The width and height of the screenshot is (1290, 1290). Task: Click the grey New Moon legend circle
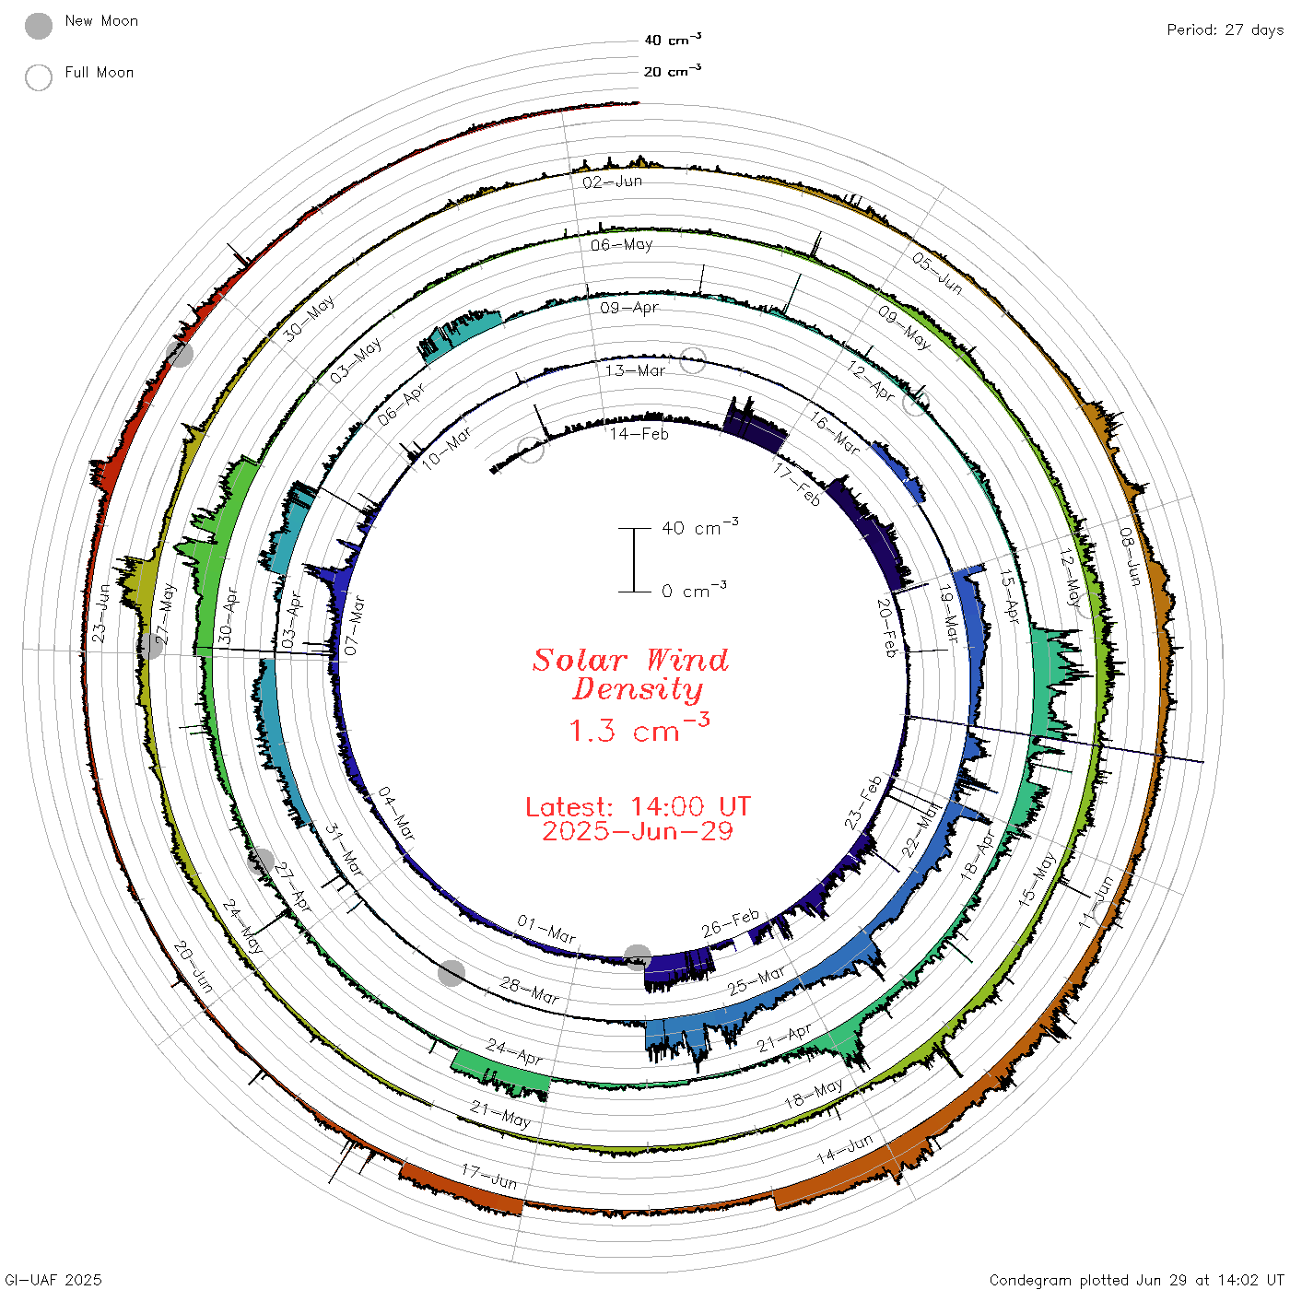pos(39,26)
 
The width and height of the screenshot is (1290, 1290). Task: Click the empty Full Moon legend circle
pos(39,77)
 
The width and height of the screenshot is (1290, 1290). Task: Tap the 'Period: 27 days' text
pos(1225,30)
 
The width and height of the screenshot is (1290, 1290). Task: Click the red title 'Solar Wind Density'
pos(630,674)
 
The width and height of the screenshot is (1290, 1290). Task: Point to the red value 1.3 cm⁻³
pos(639,729)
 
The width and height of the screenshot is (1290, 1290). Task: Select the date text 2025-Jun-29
pos(638,831)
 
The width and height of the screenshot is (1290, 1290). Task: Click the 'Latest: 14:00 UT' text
pos(638,806)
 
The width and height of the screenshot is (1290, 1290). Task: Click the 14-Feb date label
pos(639,434)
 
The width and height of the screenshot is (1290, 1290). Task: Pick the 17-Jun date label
pos(489,1177)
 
